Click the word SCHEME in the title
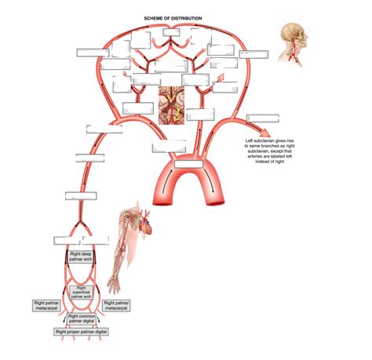click(x=151, y=17)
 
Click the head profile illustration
click(x=294, y=38)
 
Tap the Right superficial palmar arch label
click(x=81, y=292)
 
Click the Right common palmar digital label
click(x=81, y=318)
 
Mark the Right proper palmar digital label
click(x=81, y=332)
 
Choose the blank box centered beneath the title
click(x=173, y=33)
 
